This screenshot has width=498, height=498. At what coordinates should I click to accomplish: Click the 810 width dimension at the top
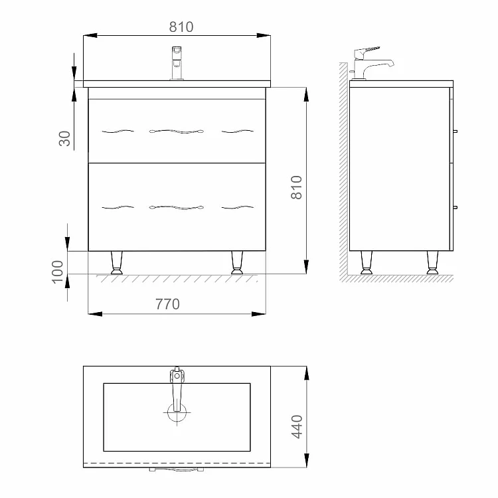click(x=181, y=27)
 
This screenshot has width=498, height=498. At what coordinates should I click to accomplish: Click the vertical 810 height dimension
click(x=297, y=187)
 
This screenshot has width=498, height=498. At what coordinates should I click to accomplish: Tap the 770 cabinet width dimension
click(x=167, y=304)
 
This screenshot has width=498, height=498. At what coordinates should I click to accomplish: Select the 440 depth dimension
click(x=297, y=426)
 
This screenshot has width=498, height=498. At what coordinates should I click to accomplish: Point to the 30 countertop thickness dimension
click(x=65, y=139)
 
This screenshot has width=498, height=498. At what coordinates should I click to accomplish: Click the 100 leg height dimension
click(x=58, y=272)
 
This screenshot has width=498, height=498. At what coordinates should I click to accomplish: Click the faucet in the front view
click(x=177, y=63)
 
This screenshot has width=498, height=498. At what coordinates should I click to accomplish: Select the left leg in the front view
click(x=117, y=262)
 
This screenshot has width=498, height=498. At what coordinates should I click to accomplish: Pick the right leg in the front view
click(x=237, y=262)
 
